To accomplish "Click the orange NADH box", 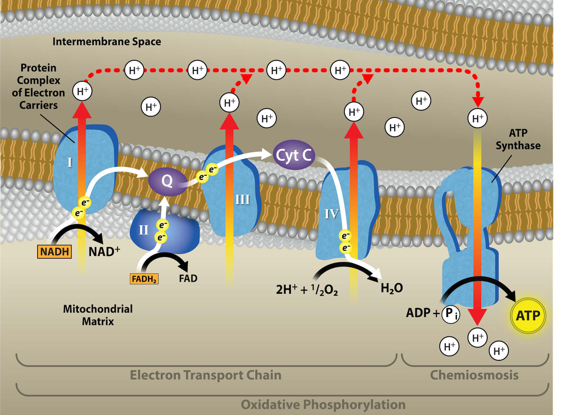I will (54, 252).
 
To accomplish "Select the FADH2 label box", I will (144, 278).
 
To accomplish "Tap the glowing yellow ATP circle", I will (528, 315).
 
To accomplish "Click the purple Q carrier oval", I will (167, 181).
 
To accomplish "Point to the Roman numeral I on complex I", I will (70, 162).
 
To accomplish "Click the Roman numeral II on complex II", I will (144, 230).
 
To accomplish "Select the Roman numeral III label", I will (242, 200).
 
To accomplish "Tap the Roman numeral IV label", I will (332, 214).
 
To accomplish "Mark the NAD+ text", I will (104, 252).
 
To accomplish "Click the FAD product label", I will (188, 278).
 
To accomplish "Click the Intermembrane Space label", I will (107, 42).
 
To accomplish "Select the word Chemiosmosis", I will (474, 375).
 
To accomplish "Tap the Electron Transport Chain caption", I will (205, 375).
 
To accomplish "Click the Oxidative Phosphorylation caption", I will (323, 404).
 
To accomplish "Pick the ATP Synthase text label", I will (518, 139).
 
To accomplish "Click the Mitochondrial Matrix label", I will (98, 315).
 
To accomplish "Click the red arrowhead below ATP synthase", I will (477, 316).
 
